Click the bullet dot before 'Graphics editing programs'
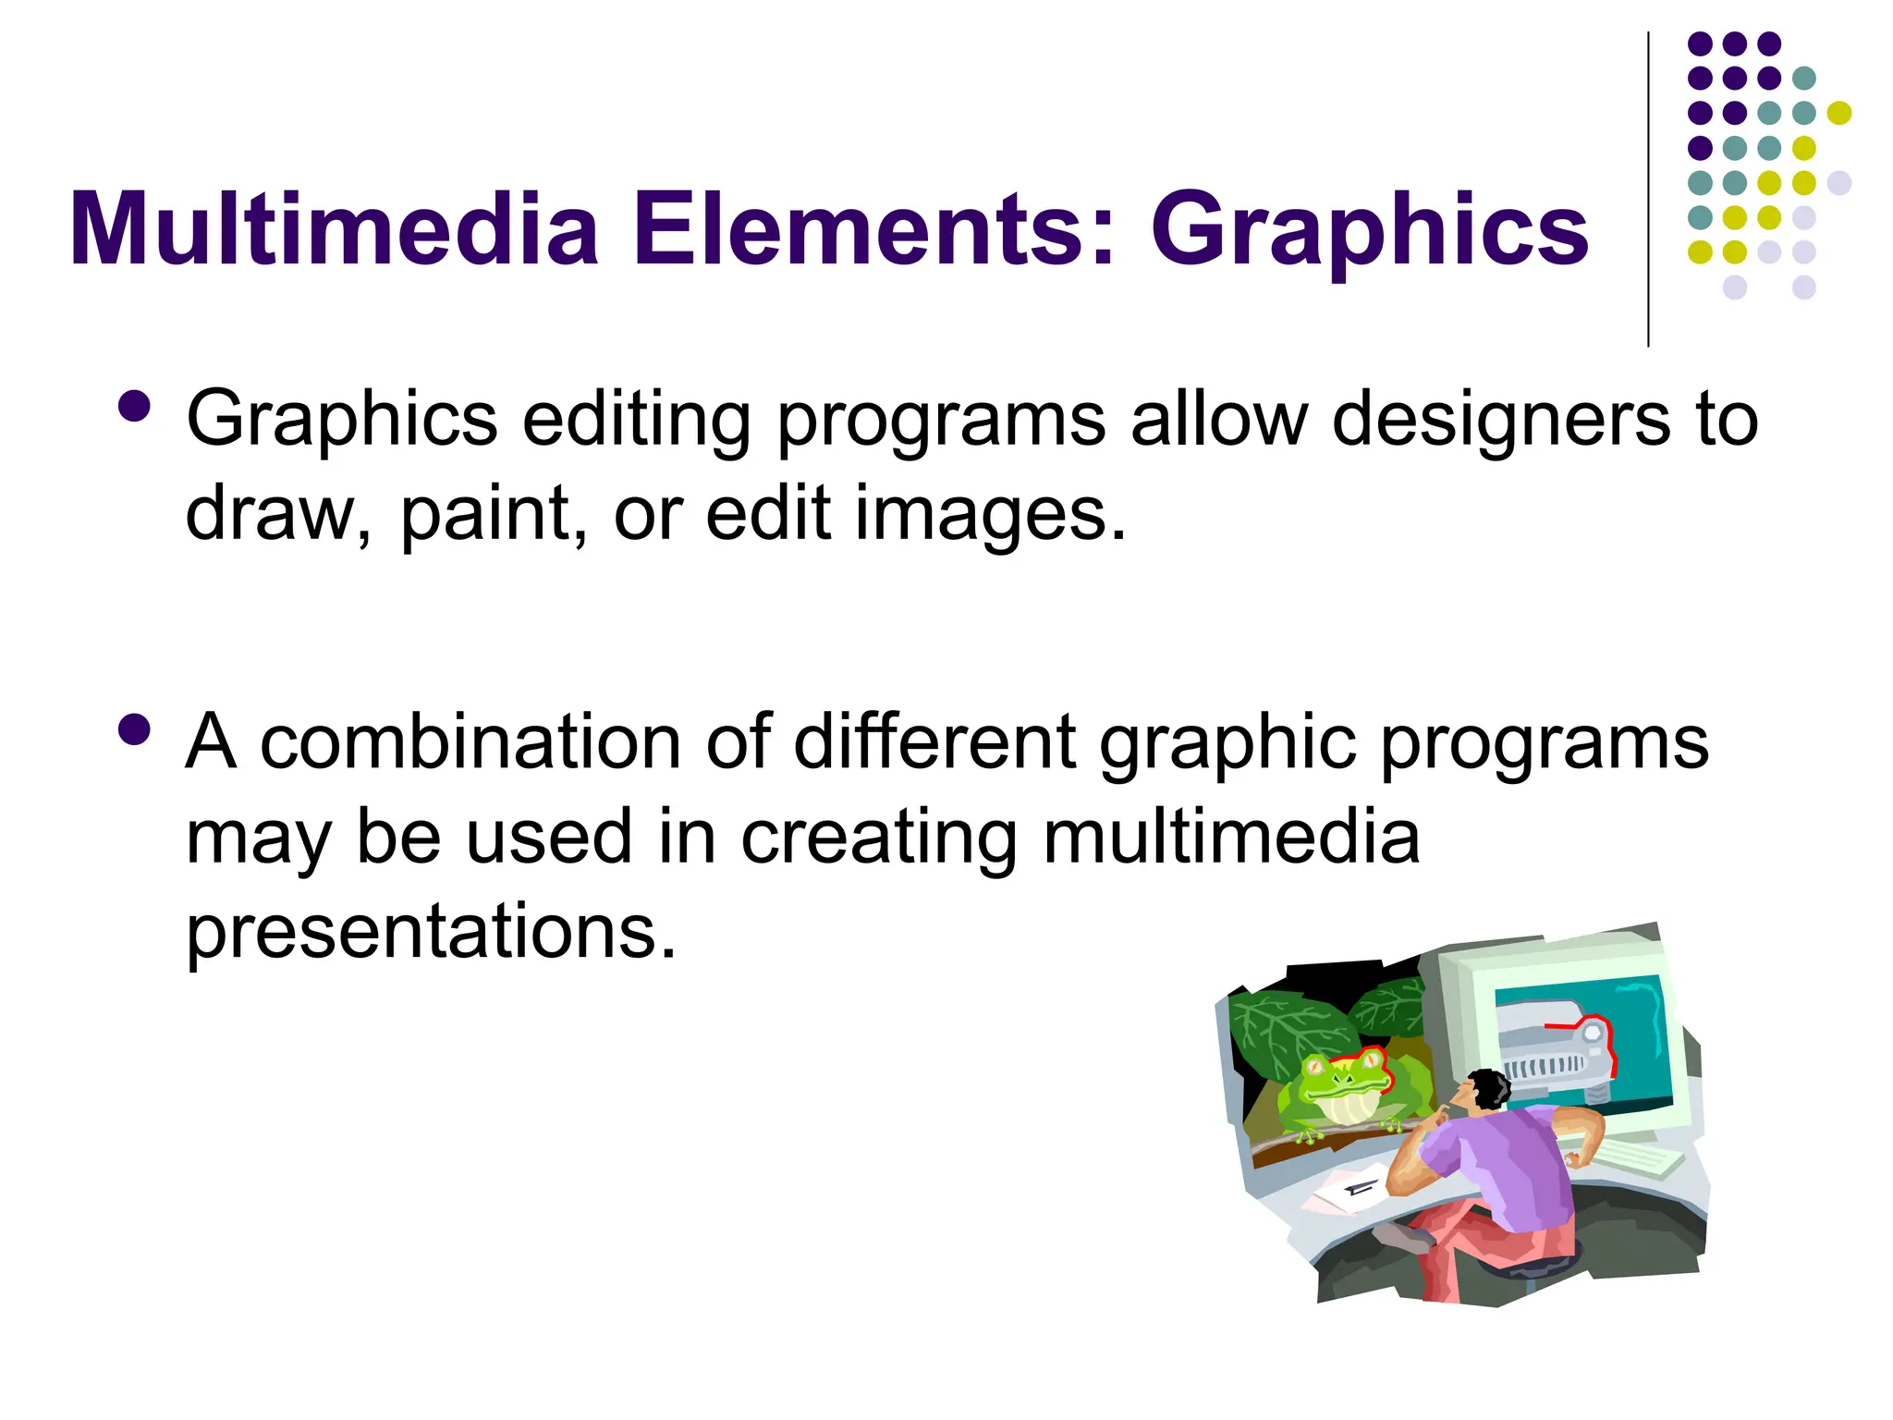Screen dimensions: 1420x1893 (135, 406)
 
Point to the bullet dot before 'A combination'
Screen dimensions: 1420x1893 (135, 729)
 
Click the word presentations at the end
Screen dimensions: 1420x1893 (431, 932)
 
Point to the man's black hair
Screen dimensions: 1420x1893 (1489, 1087)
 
